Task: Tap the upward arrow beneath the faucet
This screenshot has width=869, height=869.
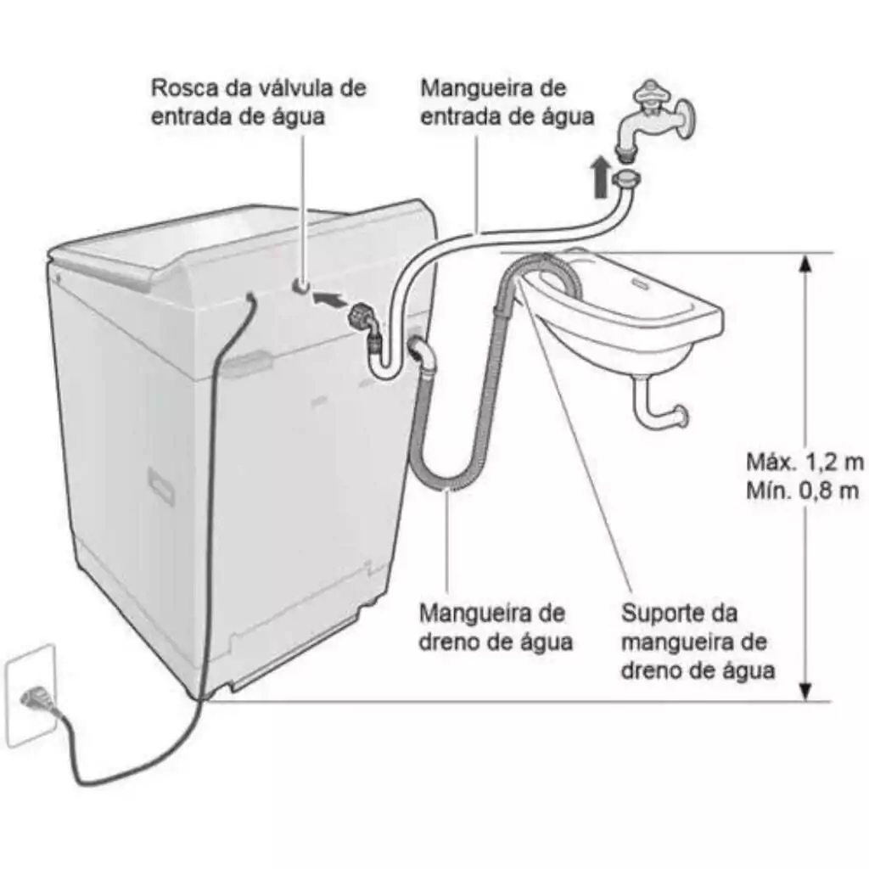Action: pyautogui.click(x=600, y=177)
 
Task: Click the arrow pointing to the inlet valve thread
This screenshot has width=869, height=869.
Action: pyautogui.click(x=329, y=300)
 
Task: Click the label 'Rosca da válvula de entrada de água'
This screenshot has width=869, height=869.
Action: pyautogui.click(x=259, y=102)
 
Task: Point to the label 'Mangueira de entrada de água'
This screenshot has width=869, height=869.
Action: pyautogui.click(x=507, y=102)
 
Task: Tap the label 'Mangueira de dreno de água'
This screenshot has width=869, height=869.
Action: pyautogui.click(x=496, y=627)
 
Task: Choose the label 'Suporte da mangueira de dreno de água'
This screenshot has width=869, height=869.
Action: pyautogui.click(x=698, y=642)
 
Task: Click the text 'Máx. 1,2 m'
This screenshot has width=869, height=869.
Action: pyautogui.click(x=805, y=462)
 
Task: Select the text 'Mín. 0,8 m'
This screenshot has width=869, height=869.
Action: pyautogui.click(x=803, y=491)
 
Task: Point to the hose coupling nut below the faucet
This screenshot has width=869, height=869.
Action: pyautogui.click(x=626, y=180)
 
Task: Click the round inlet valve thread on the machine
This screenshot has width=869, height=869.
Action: pyautogui.click(x=301, y=285)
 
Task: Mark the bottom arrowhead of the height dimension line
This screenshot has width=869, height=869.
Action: pyautogui.click(x=806, y=691)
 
